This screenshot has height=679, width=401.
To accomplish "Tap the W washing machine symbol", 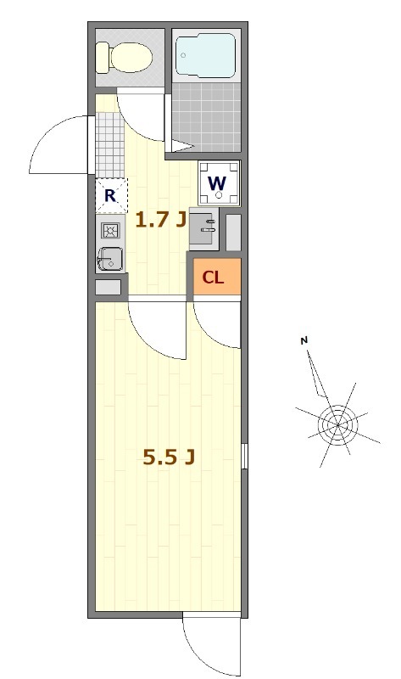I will (x=218, y=182).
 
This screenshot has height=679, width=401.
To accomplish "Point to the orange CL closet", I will (x=214, y=278).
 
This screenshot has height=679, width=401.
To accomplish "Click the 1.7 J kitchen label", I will (x=160, y=222).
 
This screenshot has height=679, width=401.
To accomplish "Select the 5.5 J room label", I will (x=169, y=458).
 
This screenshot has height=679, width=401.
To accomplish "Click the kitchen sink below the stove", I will (x=110, y=258).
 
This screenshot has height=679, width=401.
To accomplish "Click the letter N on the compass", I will (x=304, y=341).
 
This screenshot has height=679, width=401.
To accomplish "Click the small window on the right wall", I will (x=244, y=455).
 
